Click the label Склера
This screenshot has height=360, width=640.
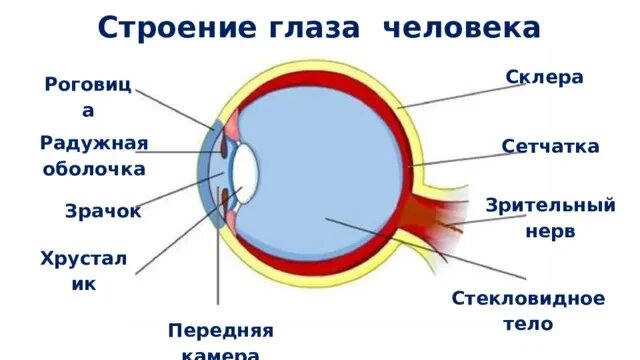pos(544,76)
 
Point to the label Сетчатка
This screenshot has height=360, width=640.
pos(551,147)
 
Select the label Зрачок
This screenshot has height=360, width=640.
pos(103,212)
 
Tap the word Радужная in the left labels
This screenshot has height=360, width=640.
pos(94,143)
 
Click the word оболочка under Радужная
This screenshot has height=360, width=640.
pos(94,168)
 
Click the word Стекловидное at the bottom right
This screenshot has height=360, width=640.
pos(528,298)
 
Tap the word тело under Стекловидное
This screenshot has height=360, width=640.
pos(528,324)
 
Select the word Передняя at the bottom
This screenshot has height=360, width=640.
pos(220,330)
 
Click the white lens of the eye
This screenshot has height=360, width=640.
pos(246,170)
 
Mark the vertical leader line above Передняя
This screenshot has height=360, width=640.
pos(217,250)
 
